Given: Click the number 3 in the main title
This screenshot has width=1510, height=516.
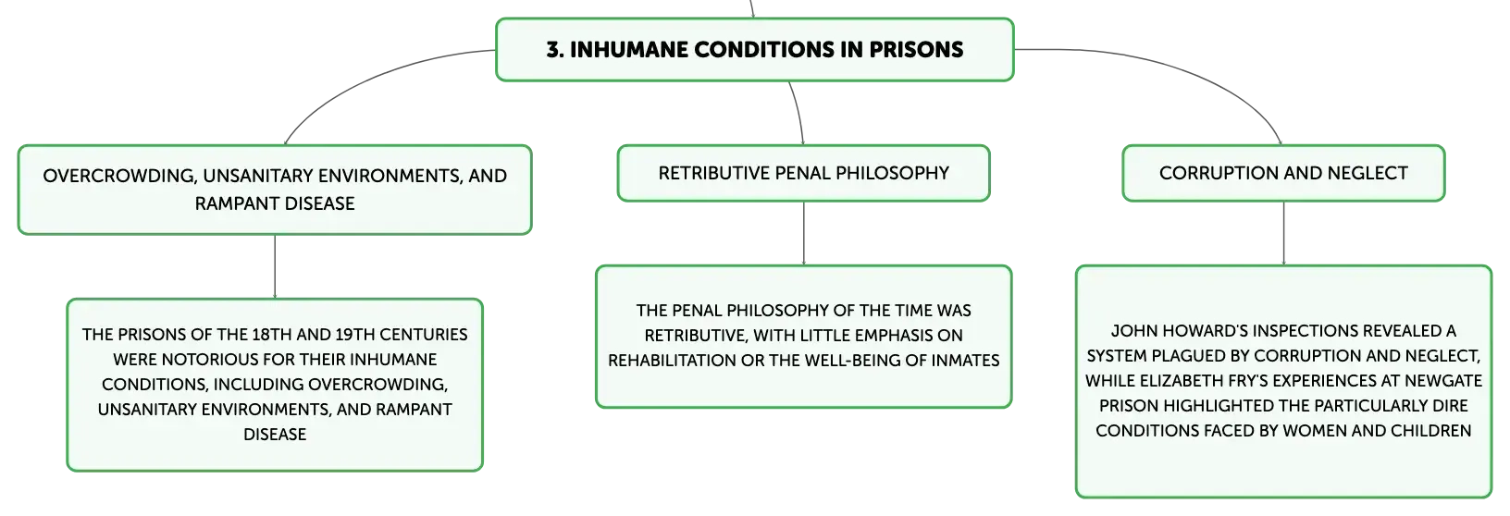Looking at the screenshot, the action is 552,50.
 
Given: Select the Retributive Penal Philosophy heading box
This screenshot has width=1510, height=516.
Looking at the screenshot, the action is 803,173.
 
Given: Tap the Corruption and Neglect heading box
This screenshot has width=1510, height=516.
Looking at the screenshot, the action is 1283,173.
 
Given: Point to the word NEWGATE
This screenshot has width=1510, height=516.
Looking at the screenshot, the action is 1443,381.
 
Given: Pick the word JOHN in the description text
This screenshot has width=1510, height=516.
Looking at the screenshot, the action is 1132,331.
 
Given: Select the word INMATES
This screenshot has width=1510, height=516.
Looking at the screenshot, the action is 965,361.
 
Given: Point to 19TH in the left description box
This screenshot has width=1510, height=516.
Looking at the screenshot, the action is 354,335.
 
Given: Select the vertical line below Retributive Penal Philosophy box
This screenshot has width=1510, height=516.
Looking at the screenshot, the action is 803,233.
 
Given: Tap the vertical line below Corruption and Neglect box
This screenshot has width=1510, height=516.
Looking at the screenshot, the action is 1283,233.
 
